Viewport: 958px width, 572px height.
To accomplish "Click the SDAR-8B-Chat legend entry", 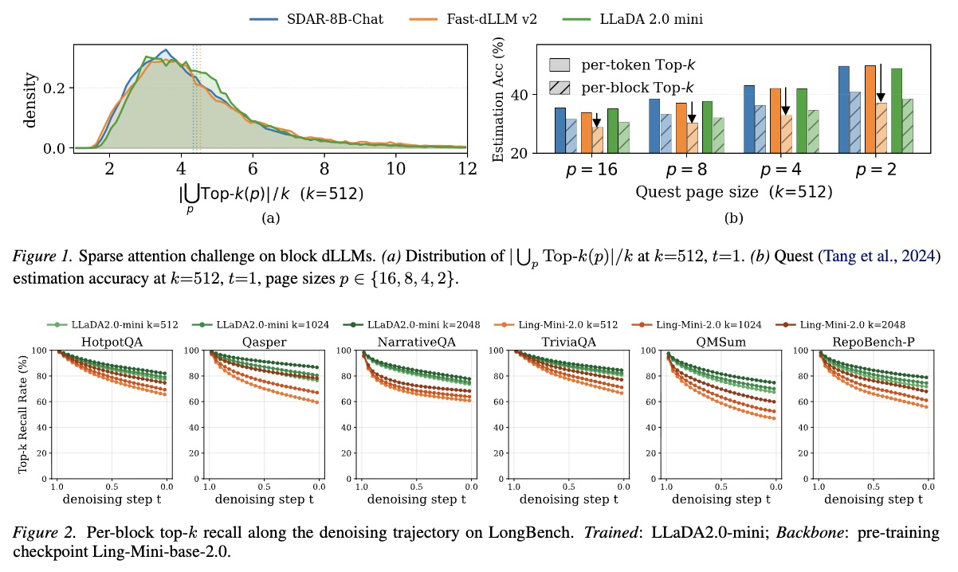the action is pyautogui.click(x=316, y=19).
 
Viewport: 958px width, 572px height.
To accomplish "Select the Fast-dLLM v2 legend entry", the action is pyautogui.click(x=473, y=19).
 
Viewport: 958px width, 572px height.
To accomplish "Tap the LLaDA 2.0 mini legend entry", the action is pyautogui.click(x=633, y=19).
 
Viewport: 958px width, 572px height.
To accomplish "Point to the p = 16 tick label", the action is pyautogui.click(x=591, y=170).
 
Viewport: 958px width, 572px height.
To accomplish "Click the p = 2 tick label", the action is pyautogui.click(x=875, y=170).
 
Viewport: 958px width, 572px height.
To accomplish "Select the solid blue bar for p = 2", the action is pyautogui.click(x=844, y=109).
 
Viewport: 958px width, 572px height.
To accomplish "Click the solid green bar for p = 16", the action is pyautogui.click(x=613, y=131).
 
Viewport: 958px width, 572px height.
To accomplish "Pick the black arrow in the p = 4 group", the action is pyautogui.click(x=785, y=101).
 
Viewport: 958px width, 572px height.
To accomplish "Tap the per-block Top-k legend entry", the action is pyautogui.click(x=622, y=88).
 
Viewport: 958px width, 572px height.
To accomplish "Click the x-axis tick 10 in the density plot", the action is pyautogui.click(x=395, y=169).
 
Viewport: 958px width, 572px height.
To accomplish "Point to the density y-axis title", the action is pyautogui.click(x=30, y=100).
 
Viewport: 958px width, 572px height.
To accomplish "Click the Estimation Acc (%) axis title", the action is pyautogui.click(x=498, y=99).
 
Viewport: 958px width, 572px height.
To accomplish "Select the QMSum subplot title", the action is pyautogui.click(x=721, y=342).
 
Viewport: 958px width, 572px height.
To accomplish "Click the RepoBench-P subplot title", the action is pyautogui.click(x=874, y=342).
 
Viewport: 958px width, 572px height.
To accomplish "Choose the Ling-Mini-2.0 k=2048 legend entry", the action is pyautogui.click(x=840, y=325).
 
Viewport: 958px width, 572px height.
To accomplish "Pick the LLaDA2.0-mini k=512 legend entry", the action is pyautogui.click(x=112, y=325).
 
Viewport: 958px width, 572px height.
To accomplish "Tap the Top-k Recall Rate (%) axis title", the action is pyautogui.click(x=22, y=414).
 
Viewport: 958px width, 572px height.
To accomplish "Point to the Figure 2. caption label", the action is pyautogui.click(x=44, y=533).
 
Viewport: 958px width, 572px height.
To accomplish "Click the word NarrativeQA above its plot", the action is pyautogui.click(x=417, y=342).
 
